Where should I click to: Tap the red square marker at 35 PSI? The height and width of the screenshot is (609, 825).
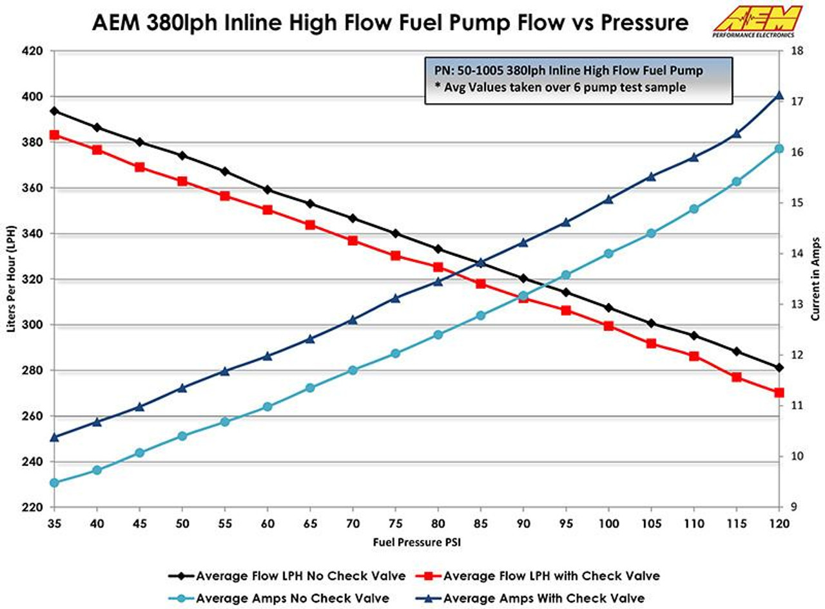coord(55,135)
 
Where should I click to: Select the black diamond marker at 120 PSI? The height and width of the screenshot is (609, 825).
coord(779,368)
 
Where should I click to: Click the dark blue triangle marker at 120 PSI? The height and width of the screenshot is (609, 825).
coord(779,95)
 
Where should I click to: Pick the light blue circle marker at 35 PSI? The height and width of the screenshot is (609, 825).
coord(55,483)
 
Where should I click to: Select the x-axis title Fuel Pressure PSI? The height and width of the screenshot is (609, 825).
coord(417,542)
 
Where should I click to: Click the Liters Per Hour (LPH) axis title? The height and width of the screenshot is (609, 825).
coord(11,279)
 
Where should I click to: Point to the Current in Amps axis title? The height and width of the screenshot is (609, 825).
coord(815,279)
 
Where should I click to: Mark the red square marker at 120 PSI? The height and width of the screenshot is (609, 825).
coord(779,393)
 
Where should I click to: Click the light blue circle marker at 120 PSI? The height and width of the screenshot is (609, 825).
coord(779,149)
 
